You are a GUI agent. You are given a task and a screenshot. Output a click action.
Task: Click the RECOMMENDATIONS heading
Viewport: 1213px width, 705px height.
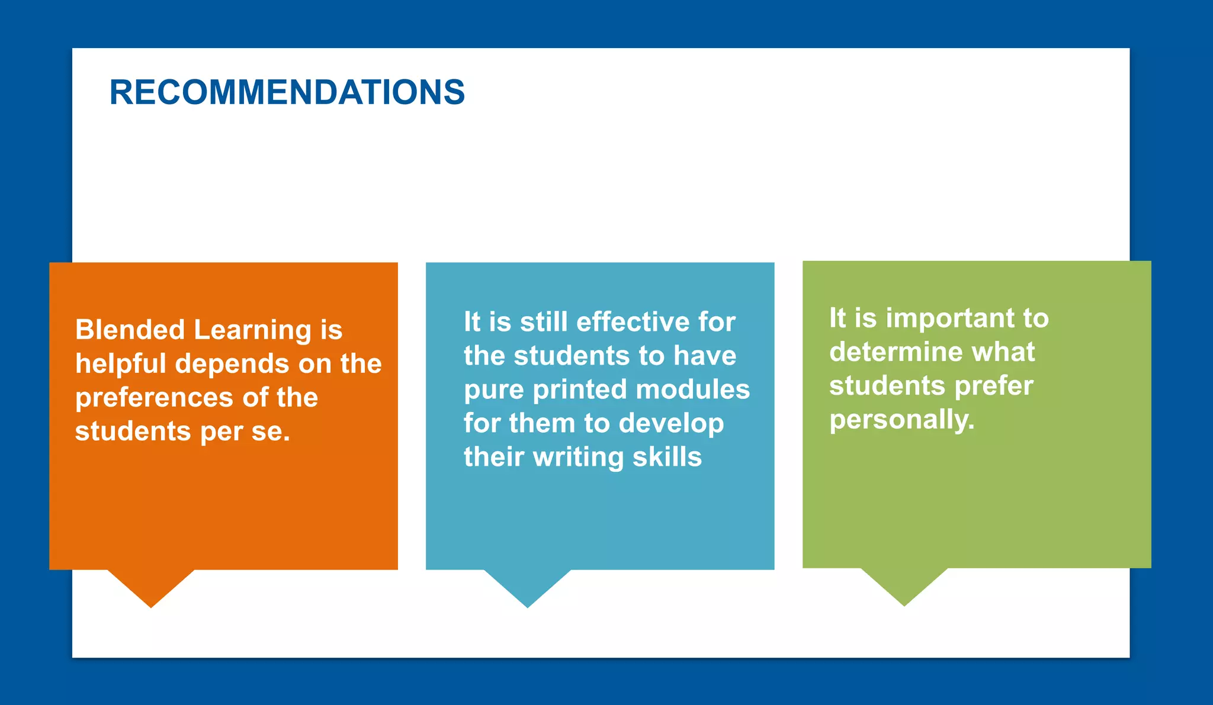point(287,92)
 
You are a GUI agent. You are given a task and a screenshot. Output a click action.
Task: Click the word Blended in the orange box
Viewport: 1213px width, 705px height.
point(130,330)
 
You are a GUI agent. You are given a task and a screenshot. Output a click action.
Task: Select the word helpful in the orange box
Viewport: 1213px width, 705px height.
point(120,364)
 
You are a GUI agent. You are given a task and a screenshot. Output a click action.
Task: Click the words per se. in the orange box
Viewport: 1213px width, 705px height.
point(245,432)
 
